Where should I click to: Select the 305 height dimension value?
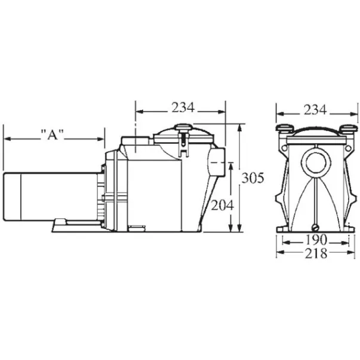(253, 178)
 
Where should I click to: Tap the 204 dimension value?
(222, 205)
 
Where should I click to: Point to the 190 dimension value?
(316, 239)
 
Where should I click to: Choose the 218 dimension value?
(316, 253)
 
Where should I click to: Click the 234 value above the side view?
(183, 107)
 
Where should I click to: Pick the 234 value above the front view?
(315, 110)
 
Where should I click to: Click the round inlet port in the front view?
(316, 164)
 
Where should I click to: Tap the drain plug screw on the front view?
(315, 227)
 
